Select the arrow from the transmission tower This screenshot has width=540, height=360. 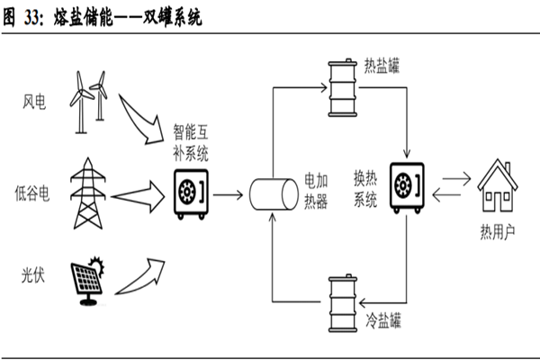139,192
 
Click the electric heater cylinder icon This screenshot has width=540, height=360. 272,193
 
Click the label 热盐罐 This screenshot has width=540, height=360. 383,67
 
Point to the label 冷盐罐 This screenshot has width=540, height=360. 384,319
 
